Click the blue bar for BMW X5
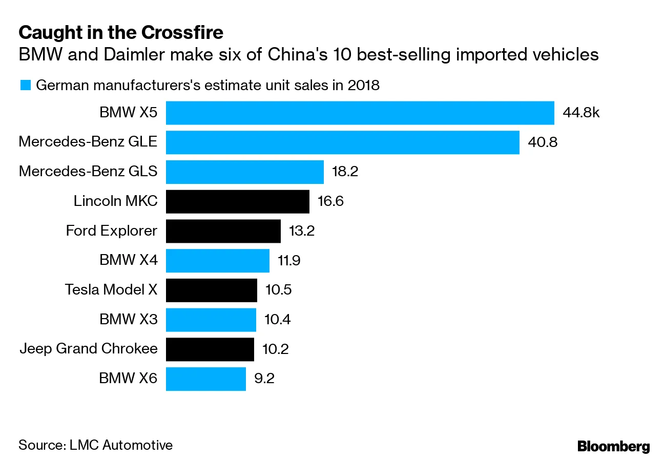coord(360,113)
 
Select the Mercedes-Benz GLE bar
coord(342,142)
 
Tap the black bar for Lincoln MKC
coord(237,201)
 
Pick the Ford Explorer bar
coord(223,231)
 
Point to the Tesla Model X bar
coord(211,290)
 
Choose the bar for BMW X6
coord(205,379)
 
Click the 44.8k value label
coord(580,113)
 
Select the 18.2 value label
coord(345,172)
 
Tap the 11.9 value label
coord(289,261)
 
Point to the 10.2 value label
coord(275,349)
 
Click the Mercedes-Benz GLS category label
coord(88,172)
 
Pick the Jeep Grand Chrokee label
coord(88,349)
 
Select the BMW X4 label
coord(128,261)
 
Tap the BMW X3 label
coord(128,320)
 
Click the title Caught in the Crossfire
coord(121,33)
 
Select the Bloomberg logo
coord(613,446)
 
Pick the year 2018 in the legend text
coord(363,85)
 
